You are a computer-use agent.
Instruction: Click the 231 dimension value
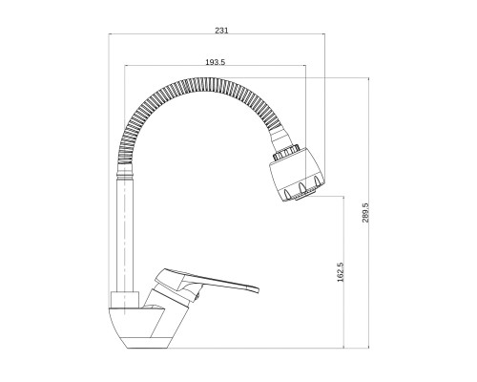click(221, 31)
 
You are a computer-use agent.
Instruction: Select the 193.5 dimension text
click(216, 62)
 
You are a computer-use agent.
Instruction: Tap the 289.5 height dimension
click(365, 212)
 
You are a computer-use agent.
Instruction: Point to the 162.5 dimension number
click(341, 272)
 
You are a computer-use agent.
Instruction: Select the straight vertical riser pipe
click(124, 235)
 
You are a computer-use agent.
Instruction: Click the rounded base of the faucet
click(141, 328)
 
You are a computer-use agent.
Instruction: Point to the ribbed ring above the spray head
click(286, 152)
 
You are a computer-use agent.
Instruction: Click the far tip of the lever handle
click(259, 290)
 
